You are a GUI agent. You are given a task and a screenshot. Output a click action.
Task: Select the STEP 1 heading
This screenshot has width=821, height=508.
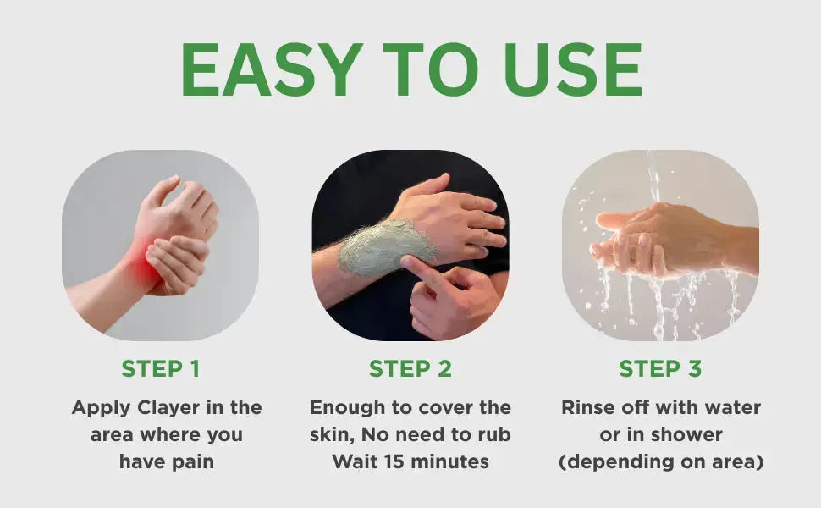(x=161, y=369)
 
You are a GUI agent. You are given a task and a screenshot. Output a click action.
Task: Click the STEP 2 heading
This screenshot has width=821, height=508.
(x=410, y=369)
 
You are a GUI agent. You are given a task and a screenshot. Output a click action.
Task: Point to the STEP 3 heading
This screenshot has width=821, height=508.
(x=660, y=369)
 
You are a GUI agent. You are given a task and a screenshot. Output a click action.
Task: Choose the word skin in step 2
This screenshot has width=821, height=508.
(x=329, y=434)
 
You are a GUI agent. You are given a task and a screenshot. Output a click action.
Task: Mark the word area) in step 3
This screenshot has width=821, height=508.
(x=736, y=461)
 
